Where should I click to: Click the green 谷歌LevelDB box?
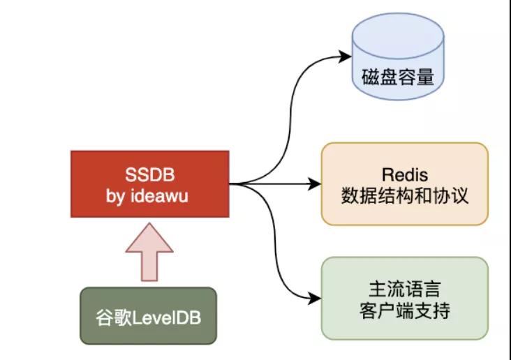coord(147,316)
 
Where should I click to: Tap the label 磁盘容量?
coord(397,76)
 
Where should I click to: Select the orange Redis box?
coord(404,183)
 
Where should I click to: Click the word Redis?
coord(404,173)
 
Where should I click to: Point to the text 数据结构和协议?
coord(404,197)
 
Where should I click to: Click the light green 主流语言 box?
coord(404,298)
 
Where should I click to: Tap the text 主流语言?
coord(404,287)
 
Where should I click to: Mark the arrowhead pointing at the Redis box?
coord(315,184)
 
